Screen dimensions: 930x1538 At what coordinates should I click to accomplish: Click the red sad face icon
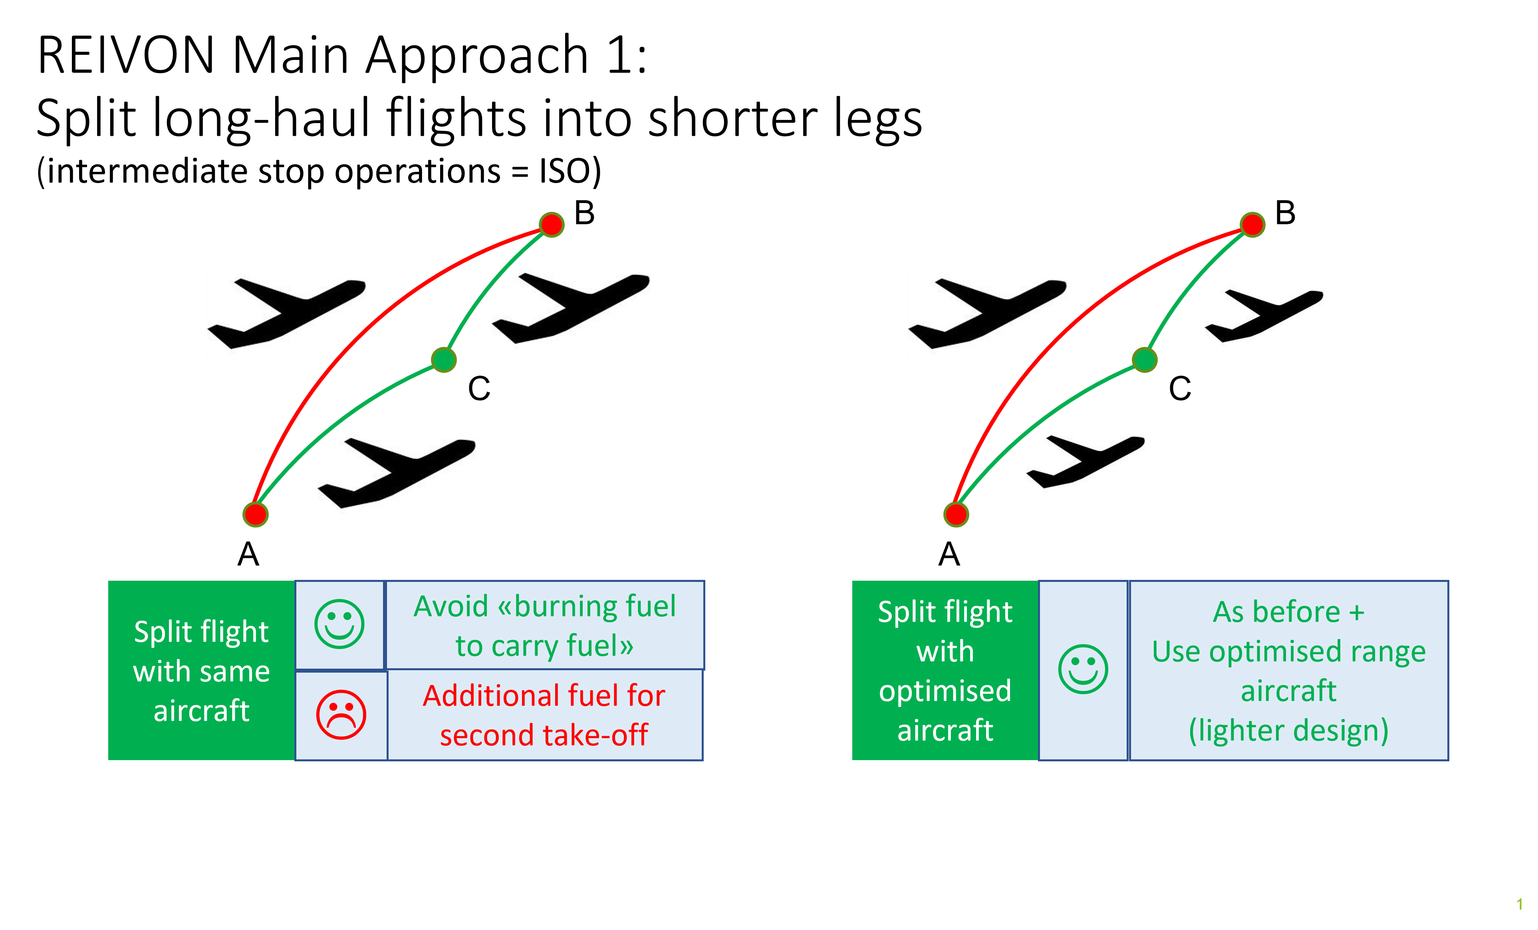(x=341, y=715)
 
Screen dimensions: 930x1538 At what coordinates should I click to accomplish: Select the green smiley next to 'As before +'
(x=1083, y=669)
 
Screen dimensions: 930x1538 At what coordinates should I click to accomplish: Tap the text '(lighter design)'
(x=1288, y=730)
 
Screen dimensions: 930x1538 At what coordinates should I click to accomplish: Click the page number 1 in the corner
(x=1519, y=904)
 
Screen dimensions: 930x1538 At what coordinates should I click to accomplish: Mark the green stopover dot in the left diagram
(x=444, y=360)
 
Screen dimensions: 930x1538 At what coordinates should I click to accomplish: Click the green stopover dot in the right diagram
(x=1145, y=360)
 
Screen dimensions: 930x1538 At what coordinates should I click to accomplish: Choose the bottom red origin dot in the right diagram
(x=956, y=515)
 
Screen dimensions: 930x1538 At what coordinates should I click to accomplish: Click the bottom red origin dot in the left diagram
(x=255, y=515)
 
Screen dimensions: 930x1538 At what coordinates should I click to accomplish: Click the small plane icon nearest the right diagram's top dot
(x=1266, y=317)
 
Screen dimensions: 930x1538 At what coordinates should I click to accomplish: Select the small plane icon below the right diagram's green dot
(x=1088, y=463)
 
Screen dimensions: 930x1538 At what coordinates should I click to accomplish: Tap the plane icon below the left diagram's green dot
(x=399, y=475)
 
